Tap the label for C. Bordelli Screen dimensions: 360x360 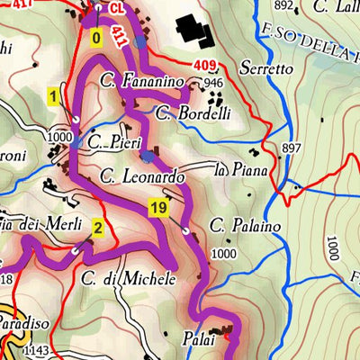click(x=193, y=114)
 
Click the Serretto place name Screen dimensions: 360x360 click(x=266, y=67)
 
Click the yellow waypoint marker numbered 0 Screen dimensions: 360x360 click(x=96, y=38)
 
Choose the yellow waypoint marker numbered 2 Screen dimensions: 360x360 click(x=97, y=226)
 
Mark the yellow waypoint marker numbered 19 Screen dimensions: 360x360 click(x=158, y=209)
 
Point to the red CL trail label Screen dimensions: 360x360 click(x=117, y=8)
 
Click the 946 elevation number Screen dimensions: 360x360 click(x=213, y=84)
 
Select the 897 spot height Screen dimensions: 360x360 click(x=290, y=148)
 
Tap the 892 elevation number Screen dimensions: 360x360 click(x=284, y=6)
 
